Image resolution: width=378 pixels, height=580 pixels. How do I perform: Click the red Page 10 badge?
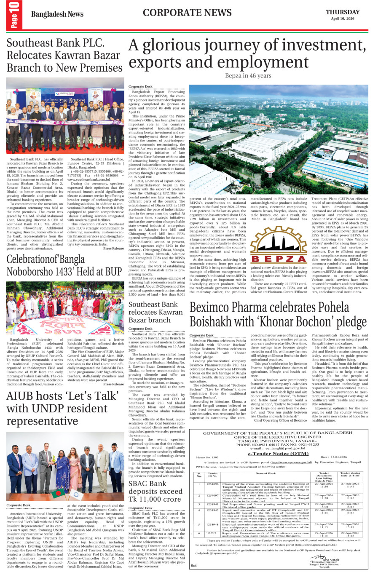click(14, 16)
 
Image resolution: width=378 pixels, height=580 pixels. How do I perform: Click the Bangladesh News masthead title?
click(57, 14)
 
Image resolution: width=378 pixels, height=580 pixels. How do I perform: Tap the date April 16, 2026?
click(342, 19)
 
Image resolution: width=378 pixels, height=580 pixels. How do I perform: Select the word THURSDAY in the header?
click(342, 12)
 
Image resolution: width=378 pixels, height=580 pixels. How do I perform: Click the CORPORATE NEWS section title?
click(187, 13)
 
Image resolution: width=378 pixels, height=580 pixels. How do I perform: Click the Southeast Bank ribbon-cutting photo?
click(65, 116)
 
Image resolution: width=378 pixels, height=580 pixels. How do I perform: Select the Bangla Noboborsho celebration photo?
click(65, 307)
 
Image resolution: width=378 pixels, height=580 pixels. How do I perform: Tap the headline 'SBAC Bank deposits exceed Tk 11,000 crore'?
click(155, 491)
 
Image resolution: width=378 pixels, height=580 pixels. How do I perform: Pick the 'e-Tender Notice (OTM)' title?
click(278, 454)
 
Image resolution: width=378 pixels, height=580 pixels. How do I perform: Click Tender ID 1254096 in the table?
click(212, 484)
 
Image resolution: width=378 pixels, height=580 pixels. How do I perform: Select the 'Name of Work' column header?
click(266, 473)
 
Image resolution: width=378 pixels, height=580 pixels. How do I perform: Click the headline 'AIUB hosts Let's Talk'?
click(63, 408)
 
